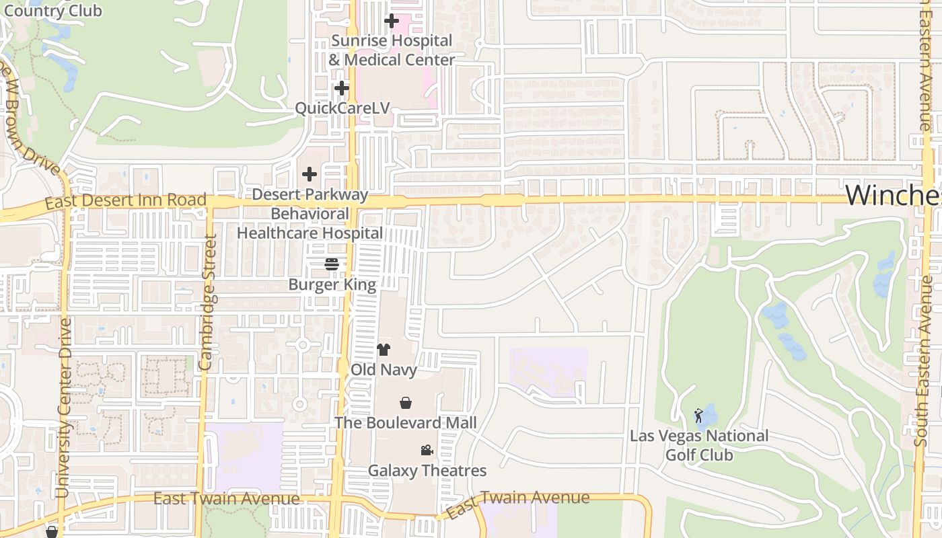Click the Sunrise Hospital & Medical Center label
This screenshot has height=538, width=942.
click(392, 50)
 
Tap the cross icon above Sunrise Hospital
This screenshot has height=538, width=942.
click(391, 22)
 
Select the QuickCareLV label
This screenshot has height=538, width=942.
click(342, 108)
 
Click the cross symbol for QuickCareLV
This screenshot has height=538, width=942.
click(342, 88)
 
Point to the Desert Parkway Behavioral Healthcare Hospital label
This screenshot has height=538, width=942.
click(310, 214)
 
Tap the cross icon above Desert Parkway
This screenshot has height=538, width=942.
click(310, 175)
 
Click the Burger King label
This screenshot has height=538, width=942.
click(332, 284)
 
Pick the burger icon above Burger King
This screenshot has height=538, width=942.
click(332, 264)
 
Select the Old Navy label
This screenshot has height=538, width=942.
click(384, 369)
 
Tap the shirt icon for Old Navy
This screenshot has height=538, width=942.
click(384, 349)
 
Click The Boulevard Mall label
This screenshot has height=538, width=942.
click(406, 422)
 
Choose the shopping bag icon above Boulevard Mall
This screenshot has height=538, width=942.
click(406, 403)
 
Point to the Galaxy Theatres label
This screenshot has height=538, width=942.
click(427, 470)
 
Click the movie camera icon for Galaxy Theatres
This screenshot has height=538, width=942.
click(427, 451)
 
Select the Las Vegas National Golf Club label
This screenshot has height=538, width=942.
click(699, 445)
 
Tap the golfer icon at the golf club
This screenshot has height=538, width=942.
click(698, 416)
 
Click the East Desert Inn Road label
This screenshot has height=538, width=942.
click(126, 200)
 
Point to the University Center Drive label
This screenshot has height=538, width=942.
click(65, 408)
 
